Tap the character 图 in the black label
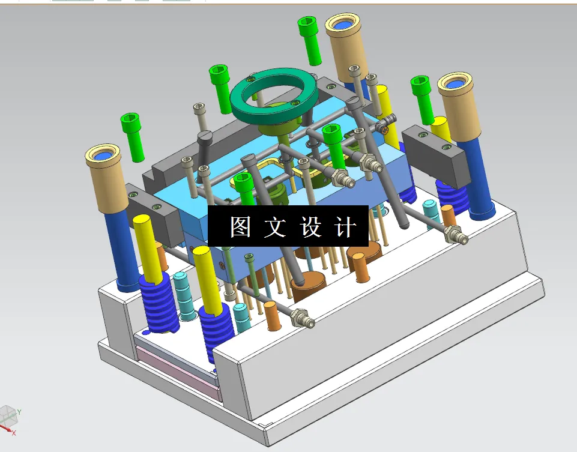240,226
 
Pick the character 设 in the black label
310,226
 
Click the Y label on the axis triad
19,412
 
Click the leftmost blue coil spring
159,303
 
